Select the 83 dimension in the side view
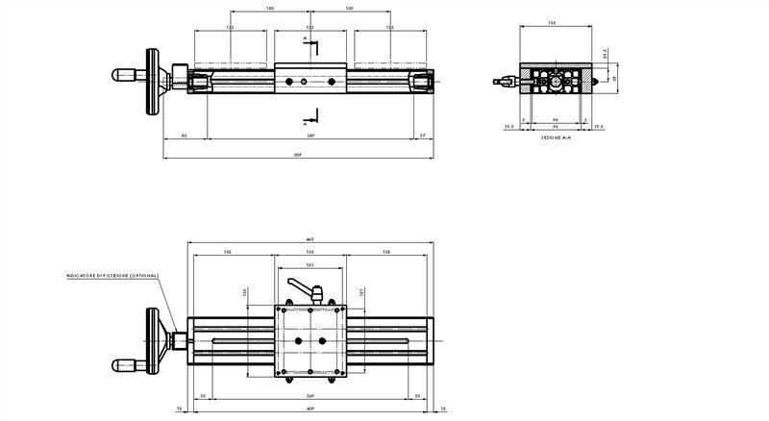click(183, 136)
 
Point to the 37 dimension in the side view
click(423, 136)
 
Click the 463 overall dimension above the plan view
click(310, 239)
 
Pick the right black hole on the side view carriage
click(331, 83)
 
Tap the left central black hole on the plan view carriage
click(298, 341)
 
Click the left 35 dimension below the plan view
click(203, 396)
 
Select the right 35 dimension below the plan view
click(416, 396)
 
